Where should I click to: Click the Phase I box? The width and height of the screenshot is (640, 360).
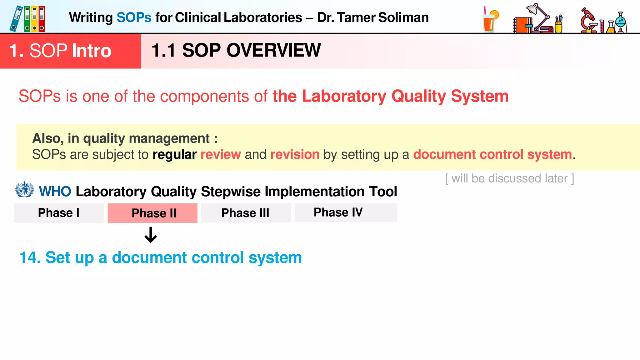coord(59,213)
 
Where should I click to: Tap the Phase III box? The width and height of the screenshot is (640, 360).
coord(246,213)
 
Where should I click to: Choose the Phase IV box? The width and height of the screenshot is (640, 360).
coord(346,212)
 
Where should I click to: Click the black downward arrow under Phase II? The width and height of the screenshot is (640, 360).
coord(151,235)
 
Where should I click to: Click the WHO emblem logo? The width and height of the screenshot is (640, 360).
coord(24,190)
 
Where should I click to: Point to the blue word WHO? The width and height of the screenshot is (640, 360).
coord(55,191)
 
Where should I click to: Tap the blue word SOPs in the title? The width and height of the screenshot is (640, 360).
coord(134,17)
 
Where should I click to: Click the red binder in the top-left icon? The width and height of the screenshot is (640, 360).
coord(42,19)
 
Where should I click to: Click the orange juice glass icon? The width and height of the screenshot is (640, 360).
coord(490,20)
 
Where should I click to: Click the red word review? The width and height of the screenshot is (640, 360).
coord(220,154)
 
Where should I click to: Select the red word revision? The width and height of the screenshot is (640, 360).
coord(295,154)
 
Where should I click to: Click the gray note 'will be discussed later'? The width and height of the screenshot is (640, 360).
coord(509,178)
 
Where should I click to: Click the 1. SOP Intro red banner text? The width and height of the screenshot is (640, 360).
coord(60,51)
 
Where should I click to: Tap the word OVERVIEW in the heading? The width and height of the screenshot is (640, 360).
coord(273,50)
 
